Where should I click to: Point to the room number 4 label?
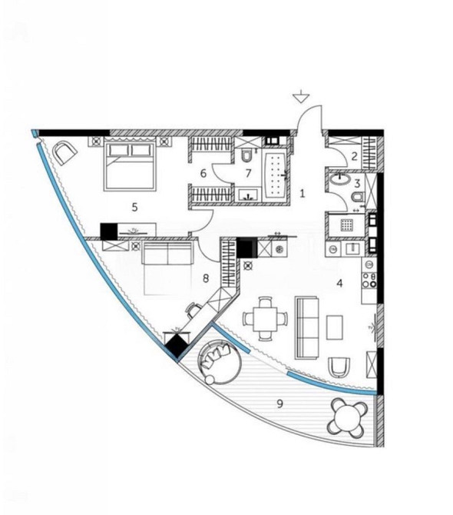pos(338,283)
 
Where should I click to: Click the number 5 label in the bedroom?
pos(134,206)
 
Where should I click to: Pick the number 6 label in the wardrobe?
pos(203,174)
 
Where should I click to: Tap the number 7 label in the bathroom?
pos(248,174)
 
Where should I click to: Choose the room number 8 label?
pos(205,278)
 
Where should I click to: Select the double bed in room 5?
pos(127,165)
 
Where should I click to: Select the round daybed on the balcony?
pos(220,364)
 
